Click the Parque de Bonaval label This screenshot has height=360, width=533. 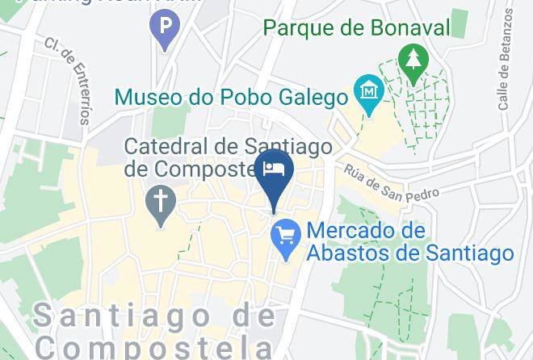tap(356, 28)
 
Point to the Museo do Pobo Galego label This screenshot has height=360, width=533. tap(230, 98)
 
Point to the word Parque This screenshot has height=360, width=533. tap(299, 28)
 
